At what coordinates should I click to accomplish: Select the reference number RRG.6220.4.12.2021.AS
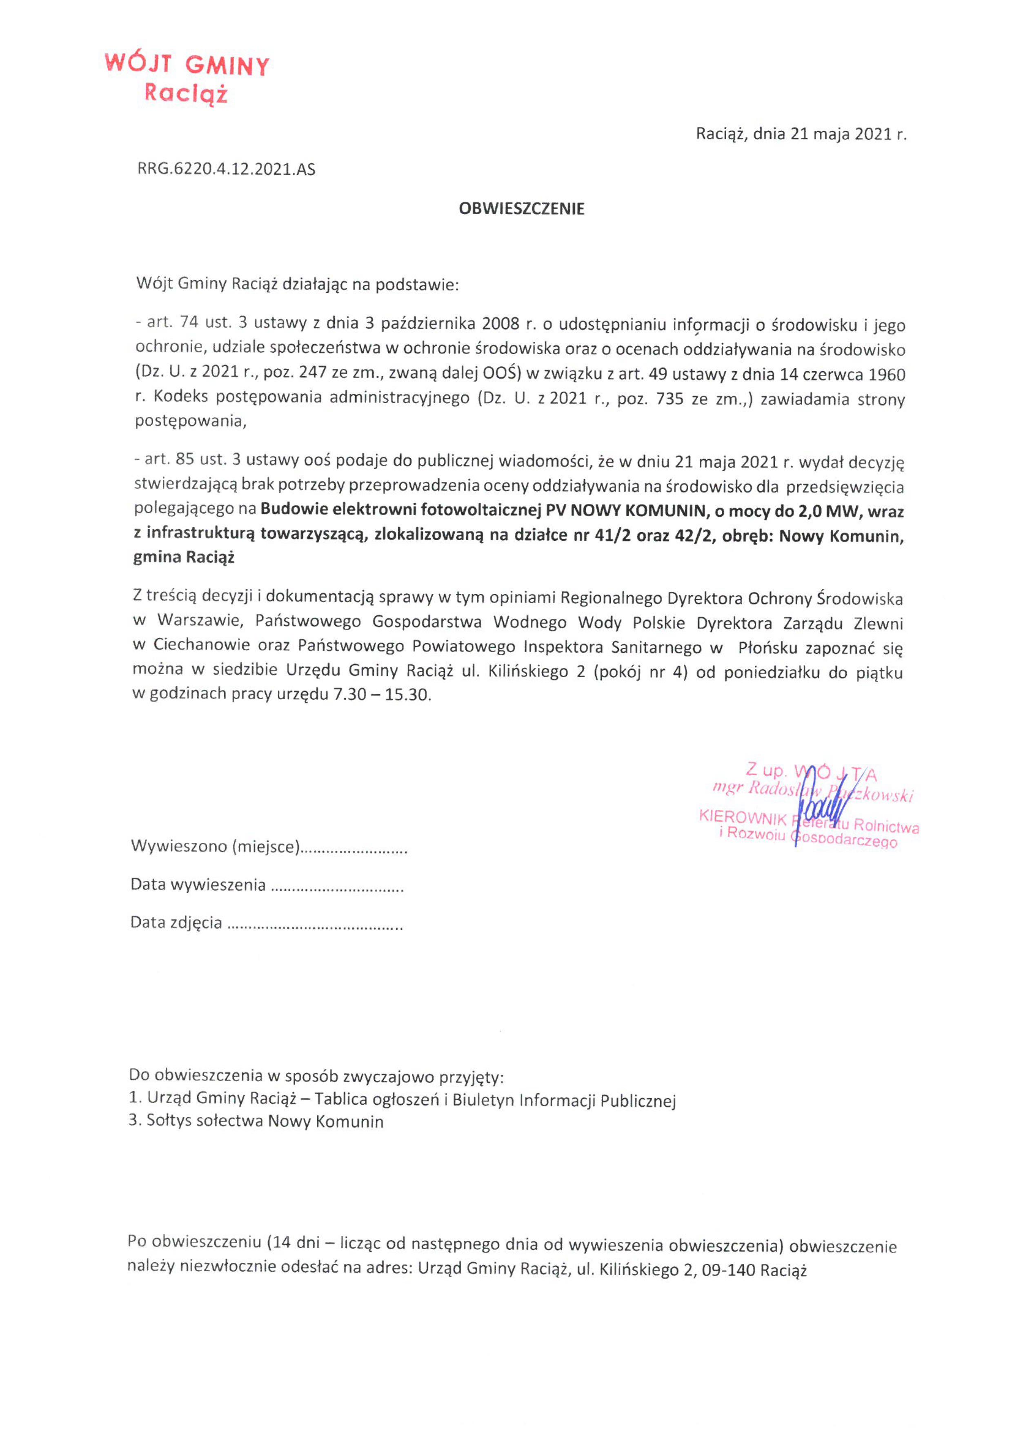226,169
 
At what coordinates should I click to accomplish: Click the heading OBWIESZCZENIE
522,209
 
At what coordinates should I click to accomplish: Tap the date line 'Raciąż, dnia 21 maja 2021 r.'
801,134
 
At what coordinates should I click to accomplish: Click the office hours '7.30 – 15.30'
382,695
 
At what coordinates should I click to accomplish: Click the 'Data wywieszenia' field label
198,885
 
